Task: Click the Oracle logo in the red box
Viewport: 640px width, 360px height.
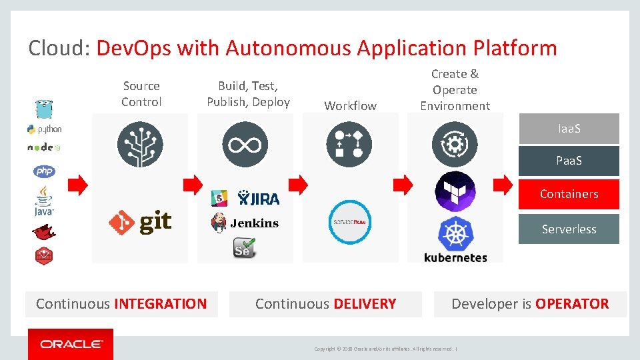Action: point(71,344)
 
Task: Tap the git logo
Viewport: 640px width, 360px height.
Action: point(141,222)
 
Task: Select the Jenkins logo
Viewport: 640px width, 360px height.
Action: point(245,223)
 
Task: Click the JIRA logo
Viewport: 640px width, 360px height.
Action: point(259,198)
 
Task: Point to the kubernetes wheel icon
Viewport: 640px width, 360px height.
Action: point(455,235)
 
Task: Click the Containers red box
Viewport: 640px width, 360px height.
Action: point(569,194)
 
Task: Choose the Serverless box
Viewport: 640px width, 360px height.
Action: point(569,229)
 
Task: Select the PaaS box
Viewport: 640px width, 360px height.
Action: point(569,161)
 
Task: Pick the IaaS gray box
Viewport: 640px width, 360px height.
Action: point(569,128)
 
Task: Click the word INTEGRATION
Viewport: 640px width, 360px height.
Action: point(161,304)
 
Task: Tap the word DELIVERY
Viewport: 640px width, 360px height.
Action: point(365,304)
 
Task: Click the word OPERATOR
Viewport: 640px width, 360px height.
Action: point(571,304)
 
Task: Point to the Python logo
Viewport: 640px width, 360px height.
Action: point(44,129)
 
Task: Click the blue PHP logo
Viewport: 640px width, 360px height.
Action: point(44,171)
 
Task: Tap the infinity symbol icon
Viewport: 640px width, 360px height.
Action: point(245,145)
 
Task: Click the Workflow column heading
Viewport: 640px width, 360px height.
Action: point(350,105)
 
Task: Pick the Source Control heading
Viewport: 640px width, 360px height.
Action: point(141,94)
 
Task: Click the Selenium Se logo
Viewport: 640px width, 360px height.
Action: point(244,249)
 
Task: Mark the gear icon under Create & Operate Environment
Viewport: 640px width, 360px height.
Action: point(455,144)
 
